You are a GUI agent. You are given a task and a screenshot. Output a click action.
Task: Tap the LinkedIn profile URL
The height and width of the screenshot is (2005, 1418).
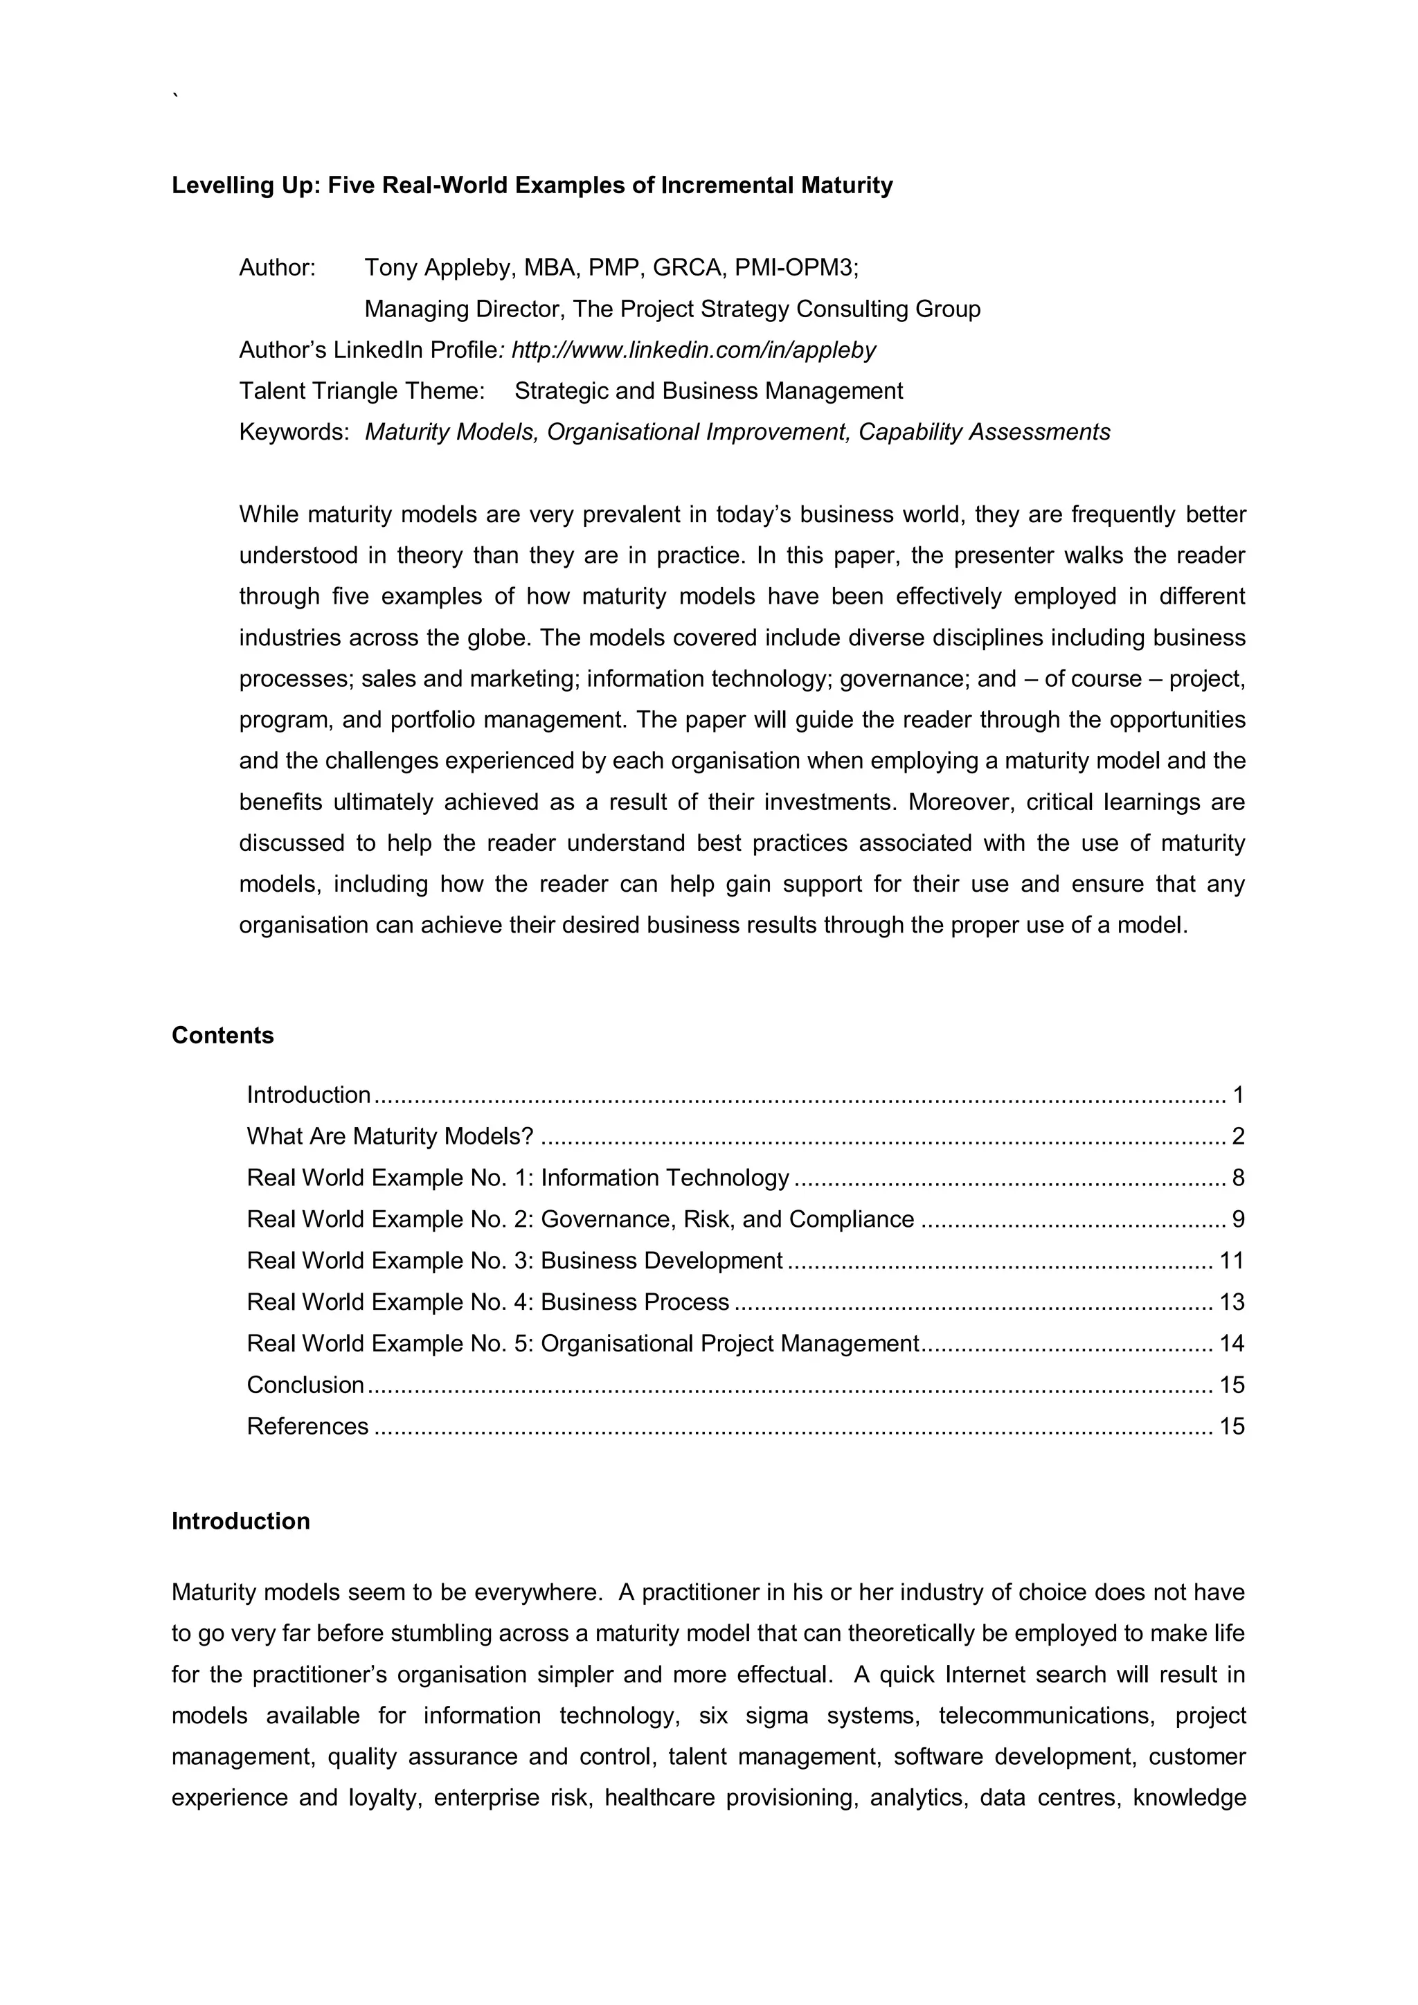tap(693, 350)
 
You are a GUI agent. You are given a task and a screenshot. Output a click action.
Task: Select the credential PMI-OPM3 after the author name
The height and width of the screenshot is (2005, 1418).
tap(796, 267)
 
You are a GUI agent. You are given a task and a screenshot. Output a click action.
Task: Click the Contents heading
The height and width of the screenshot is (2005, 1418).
tap(223, 1035)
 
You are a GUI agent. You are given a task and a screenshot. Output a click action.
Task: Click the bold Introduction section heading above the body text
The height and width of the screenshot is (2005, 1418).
tap(240, 1520)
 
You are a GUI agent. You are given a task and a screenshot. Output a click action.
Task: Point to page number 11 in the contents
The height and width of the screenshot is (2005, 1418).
tap(1231, 1260)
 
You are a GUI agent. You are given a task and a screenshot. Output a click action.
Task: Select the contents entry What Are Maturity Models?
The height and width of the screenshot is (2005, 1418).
tap(389, 1136)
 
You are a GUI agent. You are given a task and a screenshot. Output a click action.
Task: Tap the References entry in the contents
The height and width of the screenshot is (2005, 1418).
tap(307, 1426)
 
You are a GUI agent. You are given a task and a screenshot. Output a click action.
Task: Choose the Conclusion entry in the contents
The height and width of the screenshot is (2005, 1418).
tap(305, 1384)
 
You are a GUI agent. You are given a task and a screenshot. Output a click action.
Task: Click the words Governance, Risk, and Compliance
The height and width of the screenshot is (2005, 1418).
tap(727, 1219)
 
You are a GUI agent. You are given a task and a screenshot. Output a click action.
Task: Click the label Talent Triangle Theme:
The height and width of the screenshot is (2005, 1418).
tap(361, 391)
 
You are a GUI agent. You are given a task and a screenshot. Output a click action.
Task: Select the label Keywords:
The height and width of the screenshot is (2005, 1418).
tap(294, 432)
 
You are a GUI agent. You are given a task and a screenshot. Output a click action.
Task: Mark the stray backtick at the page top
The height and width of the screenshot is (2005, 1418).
tap(175, 94)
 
